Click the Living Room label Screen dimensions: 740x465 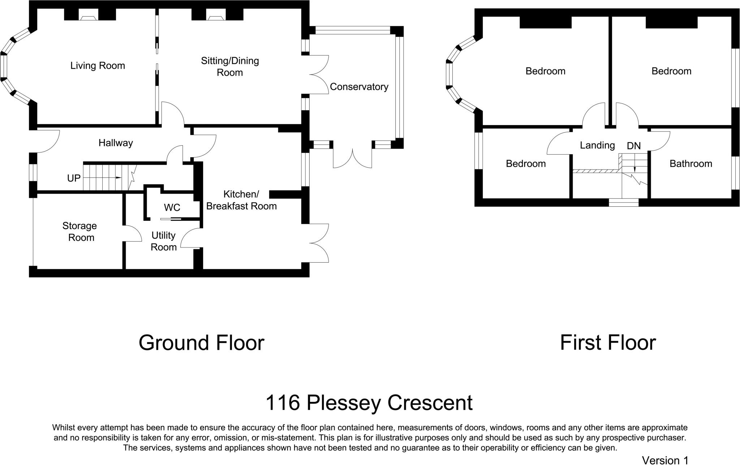pos(98,66)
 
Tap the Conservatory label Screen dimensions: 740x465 pos(359,87)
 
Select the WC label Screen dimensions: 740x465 pos(172,208)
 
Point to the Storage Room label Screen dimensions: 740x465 pos(80,232)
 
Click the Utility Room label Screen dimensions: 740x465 pos(164,241)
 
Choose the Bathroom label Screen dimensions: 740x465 pos(690,164)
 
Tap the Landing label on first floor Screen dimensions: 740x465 pos(597,145)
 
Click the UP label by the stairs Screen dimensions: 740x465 pos(74,178)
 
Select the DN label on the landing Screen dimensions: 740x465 pos(634,146)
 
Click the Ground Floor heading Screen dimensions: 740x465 pos(201,343)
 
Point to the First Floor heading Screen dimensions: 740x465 pos(608,343)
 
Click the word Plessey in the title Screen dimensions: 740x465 pos(341,403)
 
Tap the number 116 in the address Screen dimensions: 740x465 pos(283,403)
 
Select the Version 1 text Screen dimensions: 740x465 pos(665,460)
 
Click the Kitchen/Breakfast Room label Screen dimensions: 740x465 pos(241,200)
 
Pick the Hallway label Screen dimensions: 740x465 pos(116,143)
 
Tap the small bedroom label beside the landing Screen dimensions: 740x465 pos(526,164)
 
